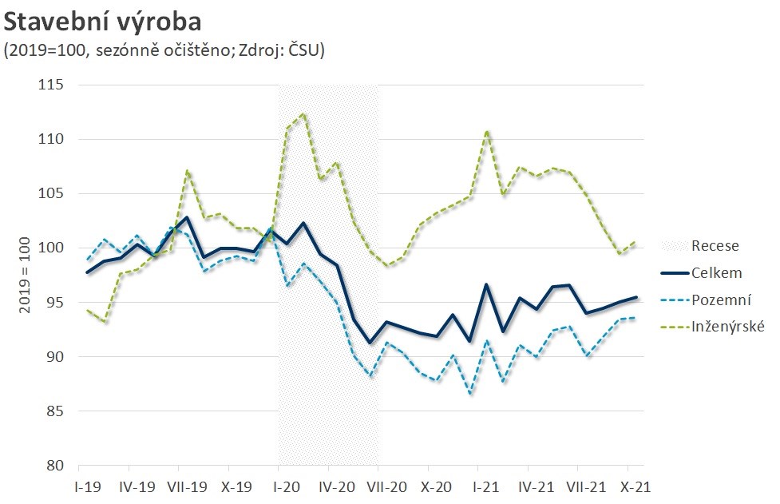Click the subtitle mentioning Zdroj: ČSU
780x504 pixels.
164,50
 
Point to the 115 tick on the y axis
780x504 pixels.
53,85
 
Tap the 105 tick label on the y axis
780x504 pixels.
53,194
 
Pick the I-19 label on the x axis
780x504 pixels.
88,486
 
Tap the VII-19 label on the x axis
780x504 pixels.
187,486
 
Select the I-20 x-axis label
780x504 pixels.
286,486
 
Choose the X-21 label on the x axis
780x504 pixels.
636,486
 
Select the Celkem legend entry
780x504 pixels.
716,273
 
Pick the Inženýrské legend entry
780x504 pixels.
728,327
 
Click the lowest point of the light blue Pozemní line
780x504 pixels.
470,394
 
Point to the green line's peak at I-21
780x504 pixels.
486,131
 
